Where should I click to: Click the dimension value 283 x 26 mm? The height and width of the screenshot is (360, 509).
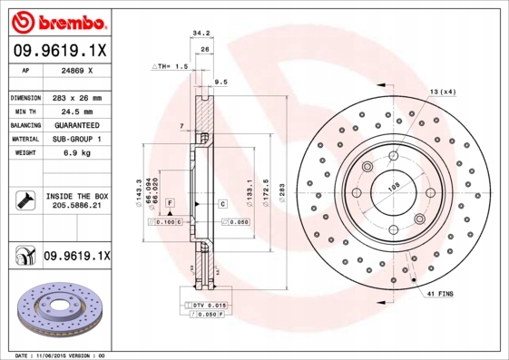[x=77, y=97]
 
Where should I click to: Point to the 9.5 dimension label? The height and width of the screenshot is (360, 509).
[x=220, y=83]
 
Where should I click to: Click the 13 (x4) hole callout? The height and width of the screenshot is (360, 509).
[x=441, y=92]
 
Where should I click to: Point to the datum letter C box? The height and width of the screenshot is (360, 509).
[x=222, y=204]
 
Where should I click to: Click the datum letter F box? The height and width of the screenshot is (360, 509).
[x=170, y=204]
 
